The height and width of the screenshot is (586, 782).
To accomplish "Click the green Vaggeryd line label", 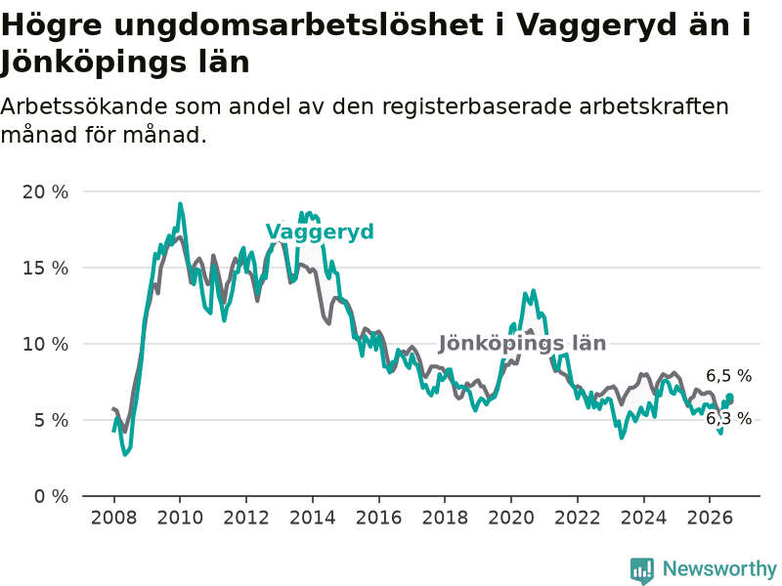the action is click(320, 232).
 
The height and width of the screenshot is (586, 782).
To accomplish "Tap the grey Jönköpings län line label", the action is click(522, 344).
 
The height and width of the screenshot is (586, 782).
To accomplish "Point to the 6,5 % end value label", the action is click(728, 376).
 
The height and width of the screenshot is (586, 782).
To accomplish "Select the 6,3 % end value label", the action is click(728, 419).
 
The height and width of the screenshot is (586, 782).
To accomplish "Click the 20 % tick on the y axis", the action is click(45, 191).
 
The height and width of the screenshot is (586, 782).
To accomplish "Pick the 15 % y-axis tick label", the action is click(45, 268).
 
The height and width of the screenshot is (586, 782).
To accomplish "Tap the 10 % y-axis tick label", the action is click(45, 345).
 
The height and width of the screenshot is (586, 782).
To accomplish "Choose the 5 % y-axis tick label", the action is click(51, 421).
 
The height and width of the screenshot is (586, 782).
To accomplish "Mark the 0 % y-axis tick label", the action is click(51, 497).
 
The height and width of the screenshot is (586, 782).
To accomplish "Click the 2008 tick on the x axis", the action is click(113, 518).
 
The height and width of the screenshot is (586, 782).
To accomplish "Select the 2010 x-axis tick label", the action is click(180, 518).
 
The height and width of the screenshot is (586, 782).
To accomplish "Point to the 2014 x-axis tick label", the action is click(313, 518).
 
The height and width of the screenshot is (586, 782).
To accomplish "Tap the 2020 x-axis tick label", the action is click(511, 518).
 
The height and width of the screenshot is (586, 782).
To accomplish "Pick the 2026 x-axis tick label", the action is click(710, 518).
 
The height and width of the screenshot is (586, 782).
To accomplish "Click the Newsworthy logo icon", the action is click(642, 570).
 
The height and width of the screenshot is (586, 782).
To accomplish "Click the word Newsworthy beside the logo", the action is click(719, 568).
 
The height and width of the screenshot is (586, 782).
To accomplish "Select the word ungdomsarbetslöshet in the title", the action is click(298, 25).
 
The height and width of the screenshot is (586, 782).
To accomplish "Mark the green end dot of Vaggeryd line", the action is click(729, 398).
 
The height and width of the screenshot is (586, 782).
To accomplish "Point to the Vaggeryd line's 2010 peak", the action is click(180, 204).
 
